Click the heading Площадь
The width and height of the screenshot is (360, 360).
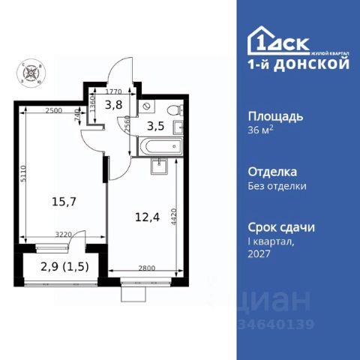(x=275, y=117)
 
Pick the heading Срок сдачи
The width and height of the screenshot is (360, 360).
(x=281, y=226)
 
